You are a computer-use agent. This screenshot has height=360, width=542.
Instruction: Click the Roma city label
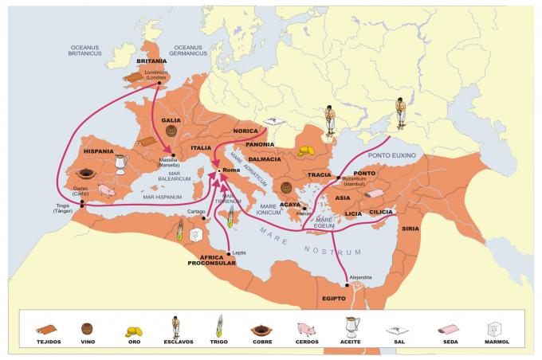point(232,171)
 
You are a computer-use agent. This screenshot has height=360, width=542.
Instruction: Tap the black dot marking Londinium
point(159,82)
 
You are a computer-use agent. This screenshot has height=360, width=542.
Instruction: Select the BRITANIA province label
point(151,61)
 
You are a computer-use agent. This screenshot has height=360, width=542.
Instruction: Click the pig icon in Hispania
point(107,190)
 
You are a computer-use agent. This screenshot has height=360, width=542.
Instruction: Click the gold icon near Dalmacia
point(306,151)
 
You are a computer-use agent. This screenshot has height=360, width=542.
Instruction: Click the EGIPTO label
point(334,298)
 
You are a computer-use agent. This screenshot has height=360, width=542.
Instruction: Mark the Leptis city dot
point(230,253)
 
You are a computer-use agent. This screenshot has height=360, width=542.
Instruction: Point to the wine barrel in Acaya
point(286,189)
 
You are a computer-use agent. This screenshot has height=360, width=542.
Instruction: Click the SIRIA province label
point(410,229)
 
